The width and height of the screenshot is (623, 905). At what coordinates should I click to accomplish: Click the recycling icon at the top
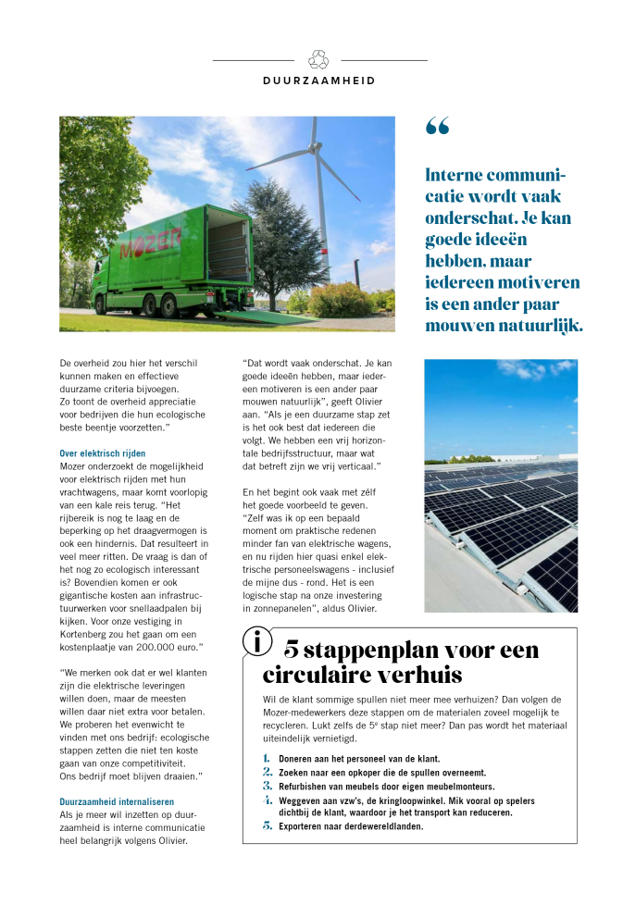(x=319, y=59)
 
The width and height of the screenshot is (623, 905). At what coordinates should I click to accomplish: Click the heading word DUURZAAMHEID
(x=319, y=81)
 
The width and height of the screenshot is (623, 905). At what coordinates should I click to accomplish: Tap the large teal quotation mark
(x=437, y=127)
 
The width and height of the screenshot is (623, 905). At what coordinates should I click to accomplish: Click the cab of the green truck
(x=107, y=268)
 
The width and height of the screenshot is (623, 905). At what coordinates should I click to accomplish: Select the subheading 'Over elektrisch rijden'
(x=102, y=453)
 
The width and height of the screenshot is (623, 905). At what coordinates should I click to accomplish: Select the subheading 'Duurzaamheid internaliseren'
(x=116, y=801)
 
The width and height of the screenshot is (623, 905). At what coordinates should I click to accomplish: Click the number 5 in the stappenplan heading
(x=291, y=649)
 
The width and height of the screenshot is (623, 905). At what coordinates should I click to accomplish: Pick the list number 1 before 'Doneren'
(x=267, y=759)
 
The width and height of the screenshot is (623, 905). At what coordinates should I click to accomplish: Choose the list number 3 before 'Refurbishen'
(x=267, y=786)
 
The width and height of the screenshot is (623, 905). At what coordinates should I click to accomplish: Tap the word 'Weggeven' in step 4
(x=302, y=800)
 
